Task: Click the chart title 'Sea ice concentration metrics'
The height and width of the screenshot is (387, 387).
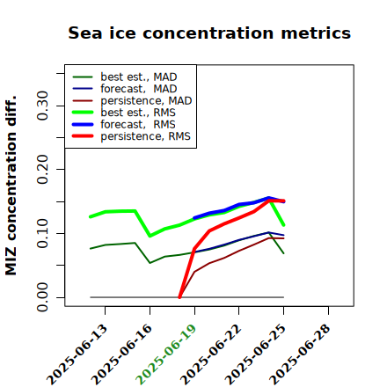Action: pyautogui.click(x=209, y=33)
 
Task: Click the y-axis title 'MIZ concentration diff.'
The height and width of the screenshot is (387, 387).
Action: pyautogui.click(x=11, y=186)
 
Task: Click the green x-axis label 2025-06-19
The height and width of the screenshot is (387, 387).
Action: pyautogui.click(x=166, y=354)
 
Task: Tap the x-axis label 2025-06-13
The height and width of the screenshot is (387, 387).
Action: pyautogui.click(x=77, y=354)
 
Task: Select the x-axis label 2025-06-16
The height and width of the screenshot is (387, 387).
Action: pyautogui.click(x=121, y=354)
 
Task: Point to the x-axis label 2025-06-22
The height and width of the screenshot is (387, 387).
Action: pyautogui.click(x=211, y=354)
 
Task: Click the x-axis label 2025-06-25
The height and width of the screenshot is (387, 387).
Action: pyautogui.click(x=255, y=354)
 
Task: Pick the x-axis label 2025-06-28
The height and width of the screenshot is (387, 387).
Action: pyautogui.click(x=300, y=354)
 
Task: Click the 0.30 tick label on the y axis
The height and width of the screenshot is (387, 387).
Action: pyautogui.click(x=42, y=106)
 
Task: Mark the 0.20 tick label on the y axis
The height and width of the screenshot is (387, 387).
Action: pyautogui.click(x=42, y=170)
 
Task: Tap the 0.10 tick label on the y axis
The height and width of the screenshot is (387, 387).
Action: pyautogui.click(x=42, y=233)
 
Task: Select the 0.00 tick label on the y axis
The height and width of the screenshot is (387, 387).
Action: pyautogui.click(x=42, y=297)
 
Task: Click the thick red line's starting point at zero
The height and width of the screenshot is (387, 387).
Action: pyautogui.click(x=179, y=297)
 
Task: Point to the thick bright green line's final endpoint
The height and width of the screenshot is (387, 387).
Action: pyautogui.click(x=284, y=225)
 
